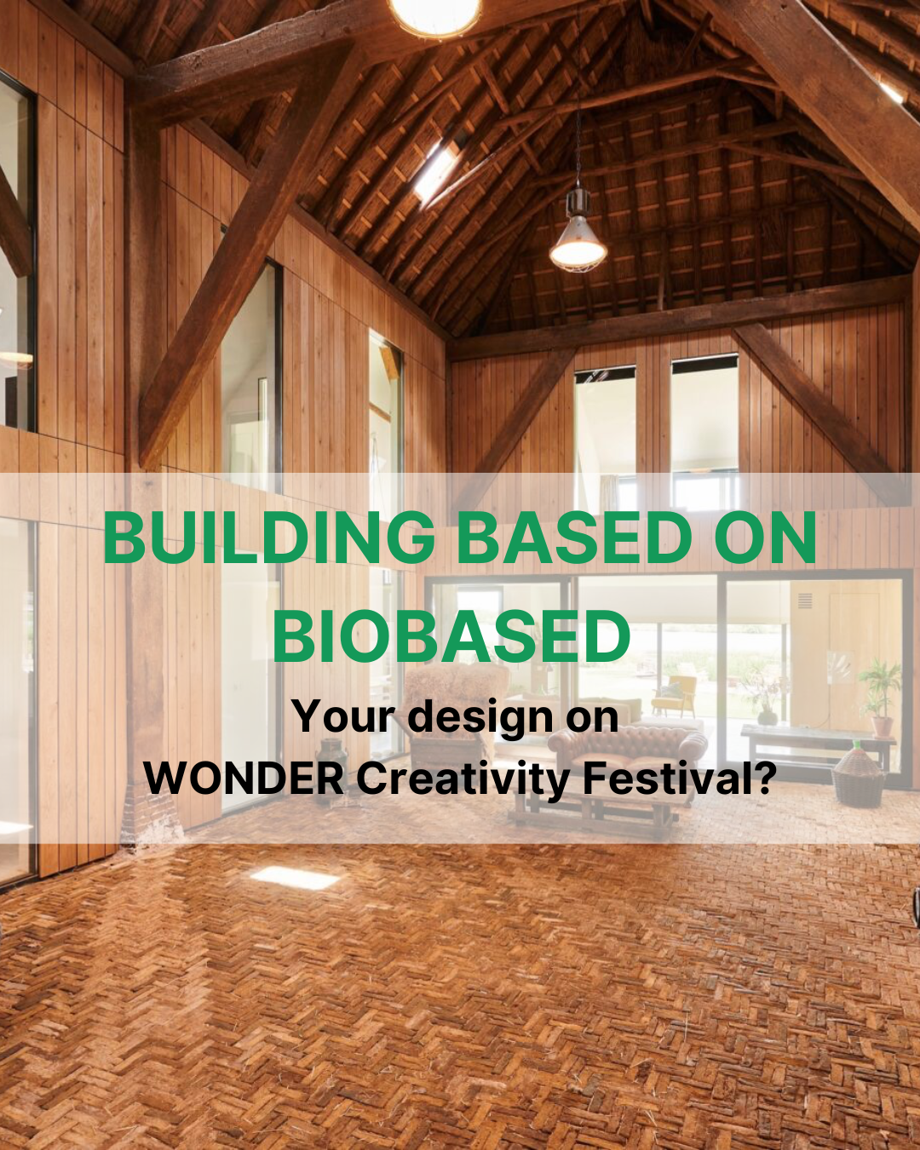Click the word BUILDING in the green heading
[x=269, y=538]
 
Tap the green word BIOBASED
[x=451, y=637]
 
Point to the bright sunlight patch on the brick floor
[x=295, y=877]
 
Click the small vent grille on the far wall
[x=804, y=601]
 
